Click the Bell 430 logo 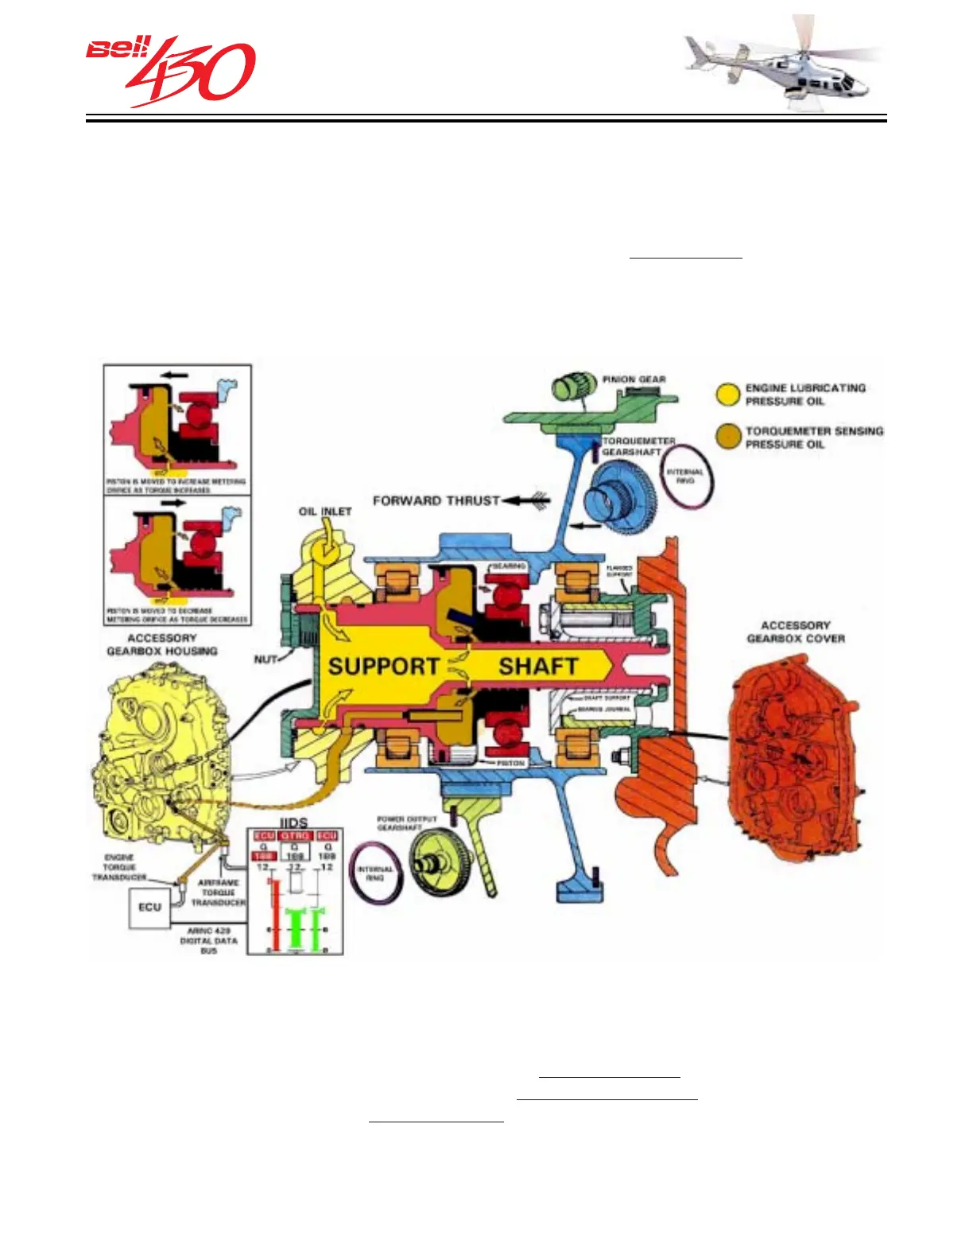tap(170, 70)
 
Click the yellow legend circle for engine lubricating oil tap(728, 395)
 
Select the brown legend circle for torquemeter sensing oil tap(728, 437)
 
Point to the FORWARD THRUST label tap(436, 500)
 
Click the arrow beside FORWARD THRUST tap(527, 500)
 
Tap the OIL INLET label tap(324, 511)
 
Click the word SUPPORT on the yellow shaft tap(383, 667)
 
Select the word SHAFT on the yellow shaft tap(538, 667)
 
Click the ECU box tap(150, 908)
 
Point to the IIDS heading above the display tap(294, 822)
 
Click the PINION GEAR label tap(634, 379)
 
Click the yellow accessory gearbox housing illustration tap(163, 756)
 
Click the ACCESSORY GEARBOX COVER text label tap(795, 632)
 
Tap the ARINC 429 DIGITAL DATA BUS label tap(208, 940)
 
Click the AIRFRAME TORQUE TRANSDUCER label tap(218, 892)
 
